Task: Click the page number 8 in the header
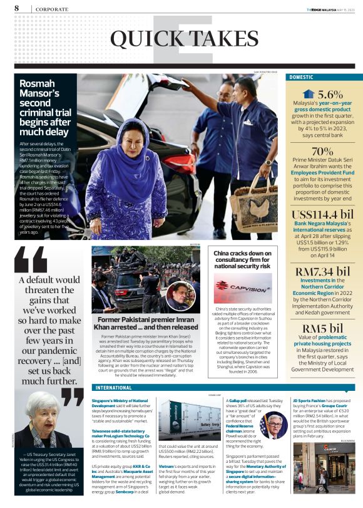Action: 16,8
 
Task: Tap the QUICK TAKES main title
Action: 181,39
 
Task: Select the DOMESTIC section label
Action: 301,77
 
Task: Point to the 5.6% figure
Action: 330,94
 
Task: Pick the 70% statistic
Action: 322,151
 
